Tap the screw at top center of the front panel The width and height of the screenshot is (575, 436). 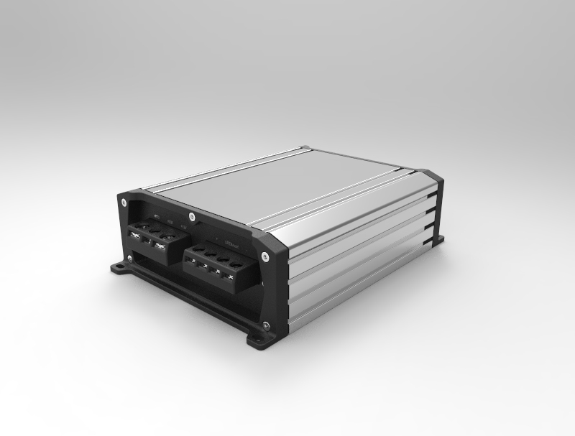click(x=191, y=215)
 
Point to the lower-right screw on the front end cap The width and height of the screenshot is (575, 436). click(x=265, y=327)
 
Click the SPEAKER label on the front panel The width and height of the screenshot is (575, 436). click(x=231, y=243)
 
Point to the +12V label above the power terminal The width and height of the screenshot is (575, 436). click(x=184, y=228)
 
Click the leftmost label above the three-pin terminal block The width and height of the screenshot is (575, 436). click(x=157, y=216)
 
